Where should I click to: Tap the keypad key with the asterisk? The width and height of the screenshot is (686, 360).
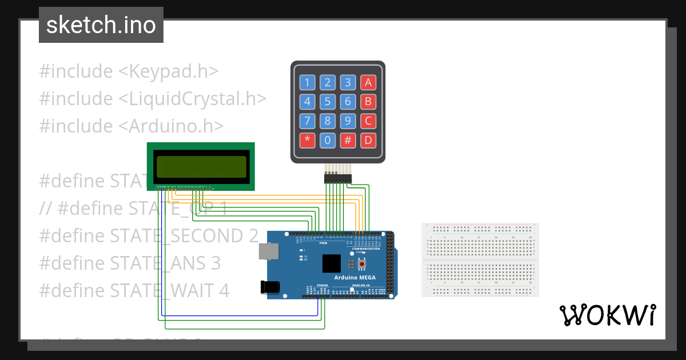(307, 141)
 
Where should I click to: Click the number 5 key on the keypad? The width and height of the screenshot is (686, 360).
(327, 102)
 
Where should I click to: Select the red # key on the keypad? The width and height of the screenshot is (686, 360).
(348, 141)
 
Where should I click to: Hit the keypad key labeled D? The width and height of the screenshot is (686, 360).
(368, 141)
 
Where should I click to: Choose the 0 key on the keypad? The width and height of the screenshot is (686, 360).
(327, 141)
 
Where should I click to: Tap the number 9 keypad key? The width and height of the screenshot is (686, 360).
(348, 121)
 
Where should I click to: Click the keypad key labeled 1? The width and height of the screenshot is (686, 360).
(307, 83)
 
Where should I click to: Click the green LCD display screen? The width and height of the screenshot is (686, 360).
(201, 166)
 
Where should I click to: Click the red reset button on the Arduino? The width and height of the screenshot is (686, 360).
(362, 264)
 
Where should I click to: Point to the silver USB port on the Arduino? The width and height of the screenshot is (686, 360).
(266, 252)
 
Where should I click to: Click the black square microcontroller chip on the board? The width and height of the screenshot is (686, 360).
(331, 263)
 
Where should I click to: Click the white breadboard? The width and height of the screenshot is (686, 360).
(480, 260)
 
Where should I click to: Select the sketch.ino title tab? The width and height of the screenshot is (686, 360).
(101, 25)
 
